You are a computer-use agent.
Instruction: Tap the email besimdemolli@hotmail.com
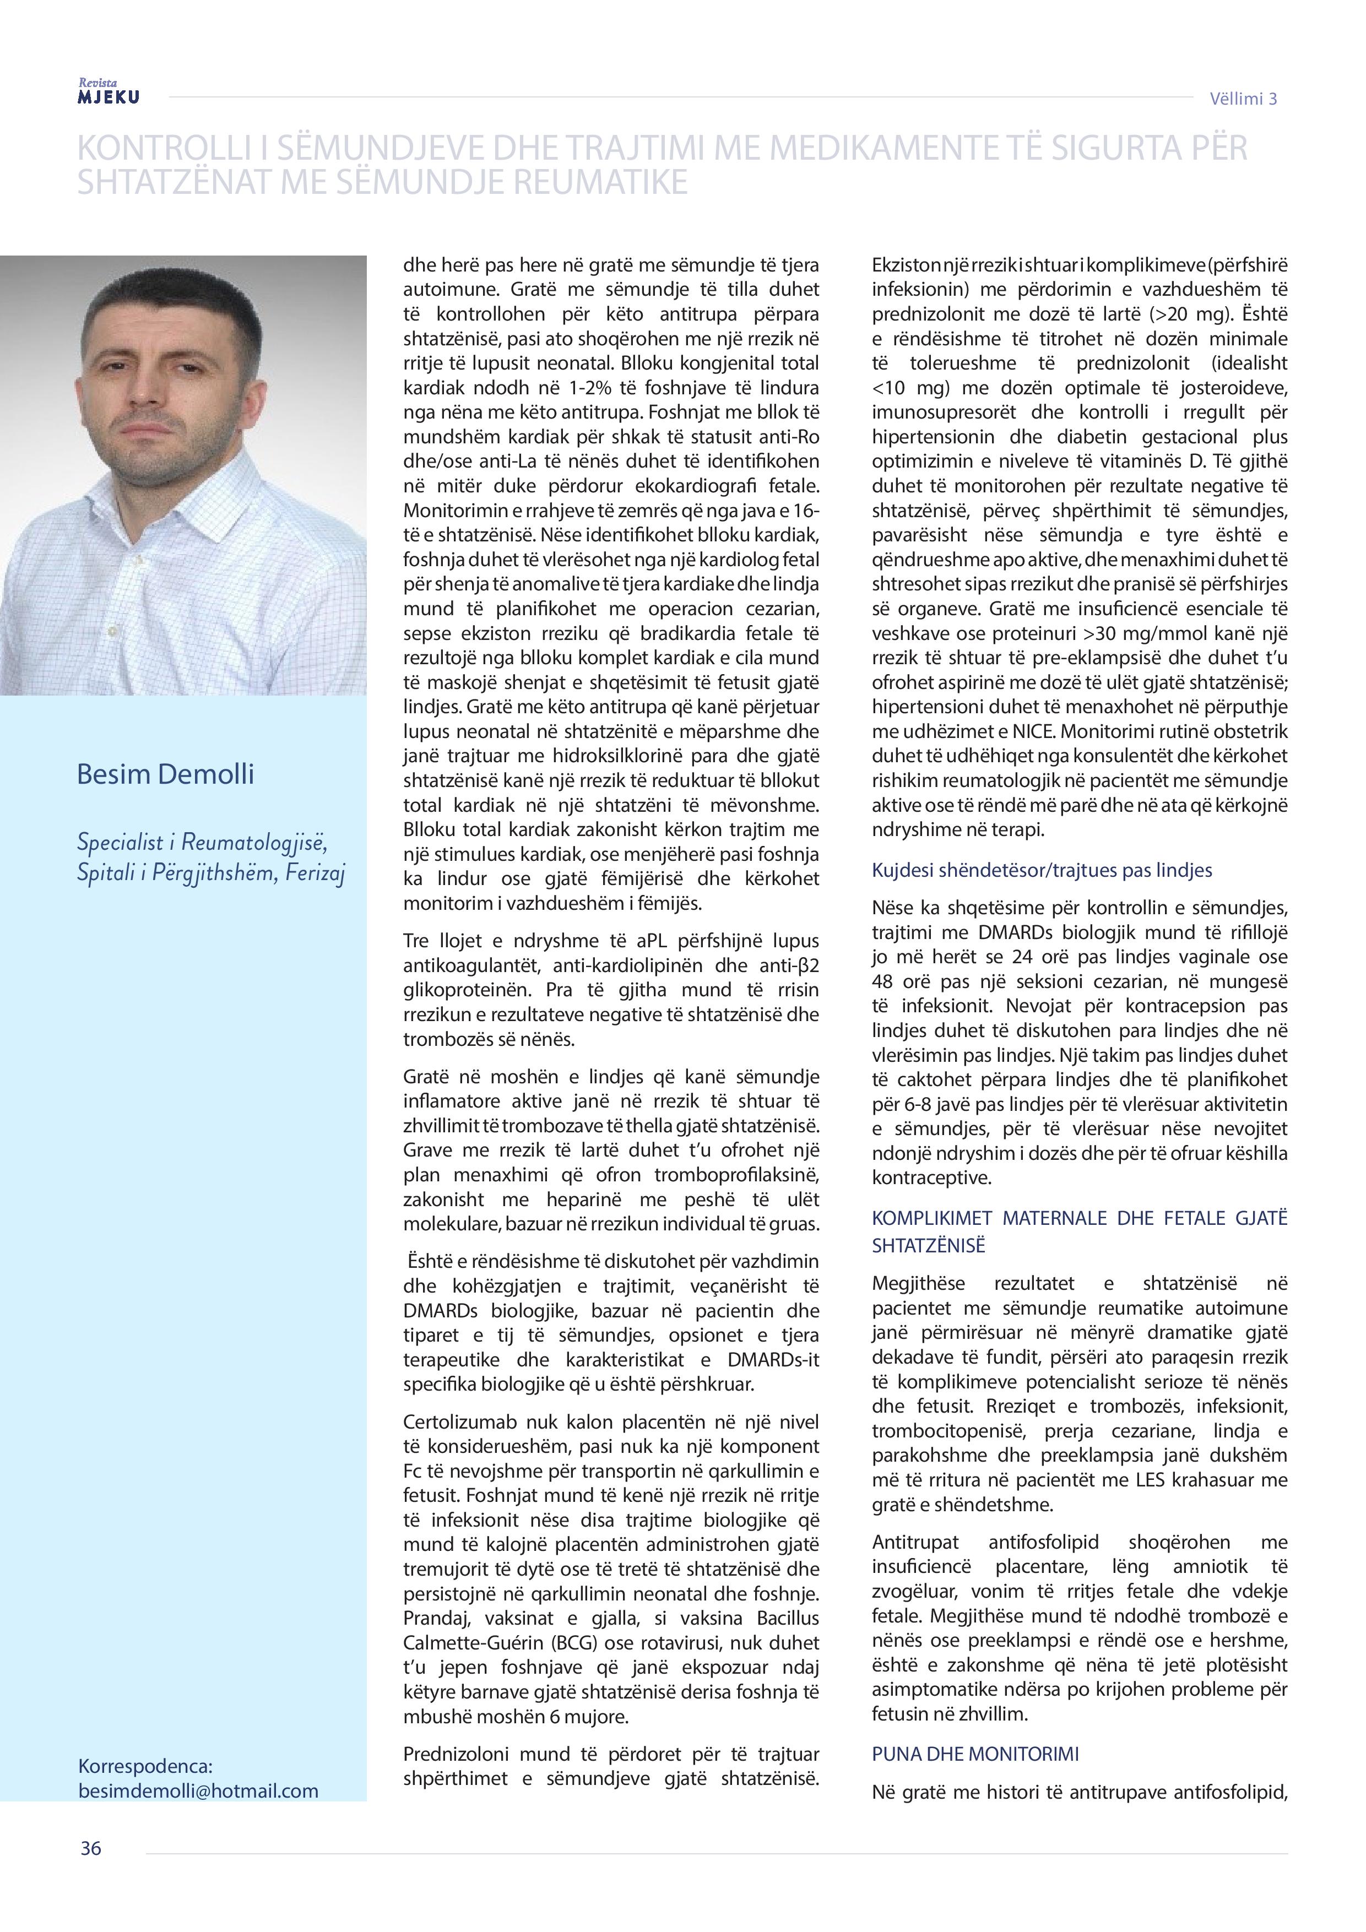198,1790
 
